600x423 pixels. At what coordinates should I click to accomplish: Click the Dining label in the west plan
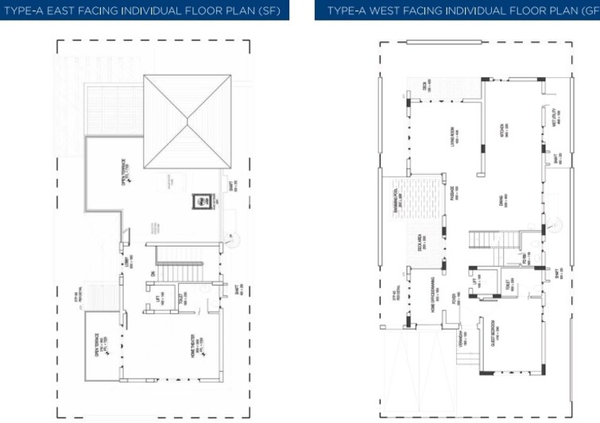504,202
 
